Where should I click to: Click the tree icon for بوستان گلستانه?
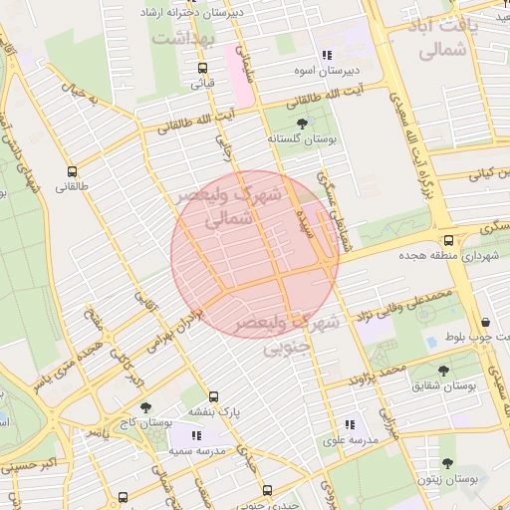point(303,123)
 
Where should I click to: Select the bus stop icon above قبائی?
point(203,69)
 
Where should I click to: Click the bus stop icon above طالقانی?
point(72,170)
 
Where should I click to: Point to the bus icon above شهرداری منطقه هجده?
point(448,240)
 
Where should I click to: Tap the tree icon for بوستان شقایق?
point(443,371)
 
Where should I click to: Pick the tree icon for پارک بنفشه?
point(214,395)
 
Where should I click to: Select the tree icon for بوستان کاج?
point(146,407)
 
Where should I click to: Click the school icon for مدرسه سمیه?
point(196,435)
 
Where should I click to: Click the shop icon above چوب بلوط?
point(485,322)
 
